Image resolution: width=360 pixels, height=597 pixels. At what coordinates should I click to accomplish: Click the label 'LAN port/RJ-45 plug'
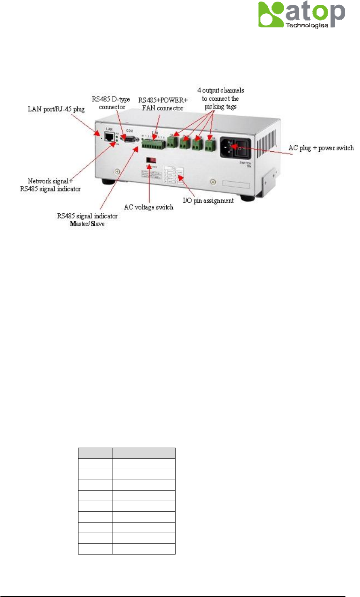[56, 109]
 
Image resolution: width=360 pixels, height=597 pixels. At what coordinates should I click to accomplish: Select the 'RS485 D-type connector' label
[111, 103]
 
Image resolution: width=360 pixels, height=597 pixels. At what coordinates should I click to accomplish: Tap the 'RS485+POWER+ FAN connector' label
[163, 104]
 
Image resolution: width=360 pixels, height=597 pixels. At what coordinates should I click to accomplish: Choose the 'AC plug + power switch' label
[321, 148]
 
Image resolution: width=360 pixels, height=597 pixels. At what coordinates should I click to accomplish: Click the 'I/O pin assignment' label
[208, 201]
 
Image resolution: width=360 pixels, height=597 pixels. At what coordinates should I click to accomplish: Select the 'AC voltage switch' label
[148, 207]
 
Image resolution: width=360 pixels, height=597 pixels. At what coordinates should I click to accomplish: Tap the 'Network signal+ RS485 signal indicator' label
[51, 185]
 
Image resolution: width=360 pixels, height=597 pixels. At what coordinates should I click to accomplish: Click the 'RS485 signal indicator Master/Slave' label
[87, 220]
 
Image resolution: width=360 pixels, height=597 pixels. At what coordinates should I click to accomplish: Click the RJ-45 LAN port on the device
[109, 137]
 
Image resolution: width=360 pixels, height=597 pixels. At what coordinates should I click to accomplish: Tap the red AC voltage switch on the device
[151, 161]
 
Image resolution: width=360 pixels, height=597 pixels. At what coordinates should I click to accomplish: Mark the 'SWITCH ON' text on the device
[246, 165]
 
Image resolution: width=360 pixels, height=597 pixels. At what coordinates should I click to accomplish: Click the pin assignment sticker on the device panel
[174, 175]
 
